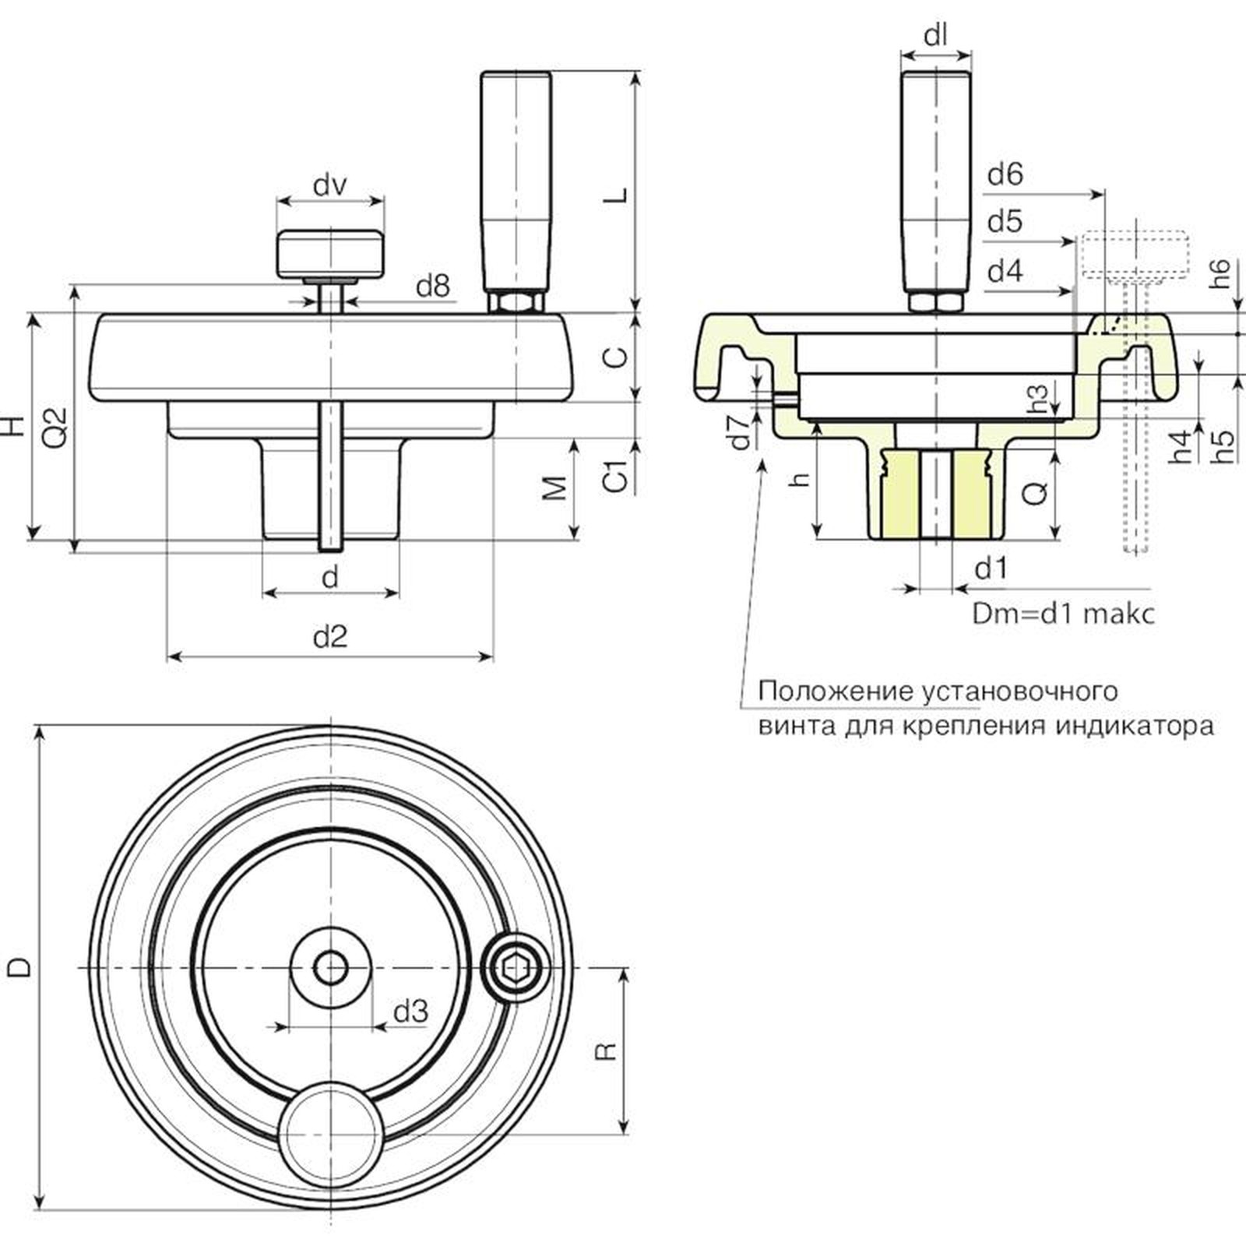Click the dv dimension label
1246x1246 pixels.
(330, 186)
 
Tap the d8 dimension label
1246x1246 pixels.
(433, 287)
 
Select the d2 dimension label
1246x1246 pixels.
(330, 637)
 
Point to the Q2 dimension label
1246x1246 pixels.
(55, 427)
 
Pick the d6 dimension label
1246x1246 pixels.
(1005, 174)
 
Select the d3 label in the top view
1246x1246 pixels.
(410, 1012)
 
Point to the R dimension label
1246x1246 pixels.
(605, 1051)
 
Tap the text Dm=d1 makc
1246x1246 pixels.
(1063, 614)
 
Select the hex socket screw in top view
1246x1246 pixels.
(515, 970)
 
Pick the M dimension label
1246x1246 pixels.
(554, 488)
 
